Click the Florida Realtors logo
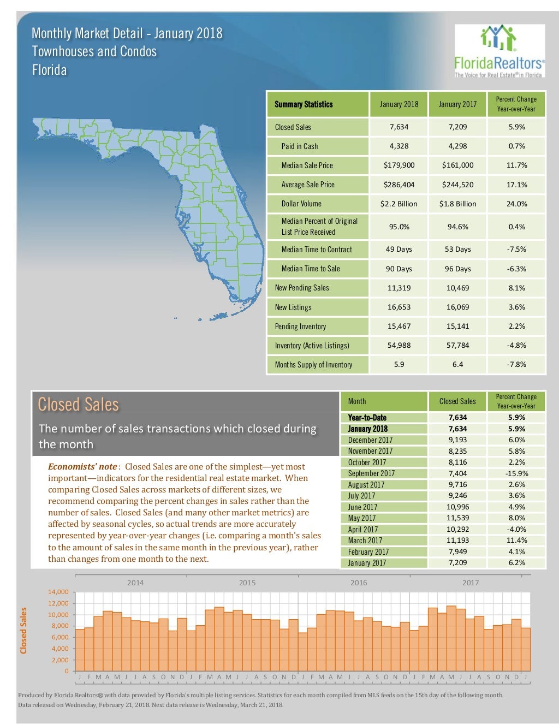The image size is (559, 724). tap(499, 51)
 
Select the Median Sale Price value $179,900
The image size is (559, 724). tap(399, 165)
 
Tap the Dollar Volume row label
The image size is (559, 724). tap(301, 204)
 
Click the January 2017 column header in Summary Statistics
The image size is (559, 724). tap(457, 104)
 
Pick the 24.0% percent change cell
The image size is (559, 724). tap(516, 204)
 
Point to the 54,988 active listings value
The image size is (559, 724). tap(399, 345)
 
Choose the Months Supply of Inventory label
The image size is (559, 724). tap(313, 365)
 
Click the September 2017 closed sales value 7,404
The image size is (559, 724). tap(457, 473)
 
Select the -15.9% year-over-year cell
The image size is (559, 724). tap(516, 473)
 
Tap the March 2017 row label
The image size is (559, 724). tap(365, 541)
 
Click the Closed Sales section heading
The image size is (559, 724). tap(78, 405)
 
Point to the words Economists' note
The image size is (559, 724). tap(82, 466)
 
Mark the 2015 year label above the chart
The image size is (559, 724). tap(247, 583)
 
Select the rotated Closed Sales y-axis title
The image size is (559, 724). tap(23, 631)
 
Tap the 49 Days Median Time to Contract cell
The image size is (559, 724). tap(399, 250)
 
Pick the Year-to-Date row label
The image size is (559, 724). tap(367, 418)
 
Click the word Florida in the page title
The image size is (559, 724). tap(49, 70)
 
